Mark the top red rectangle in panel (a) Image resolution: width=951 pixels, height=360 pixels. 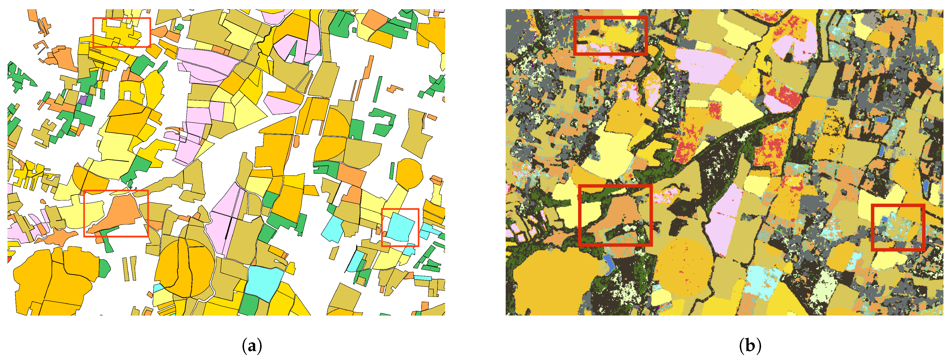pyautogui.click(x=122, y=18)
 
